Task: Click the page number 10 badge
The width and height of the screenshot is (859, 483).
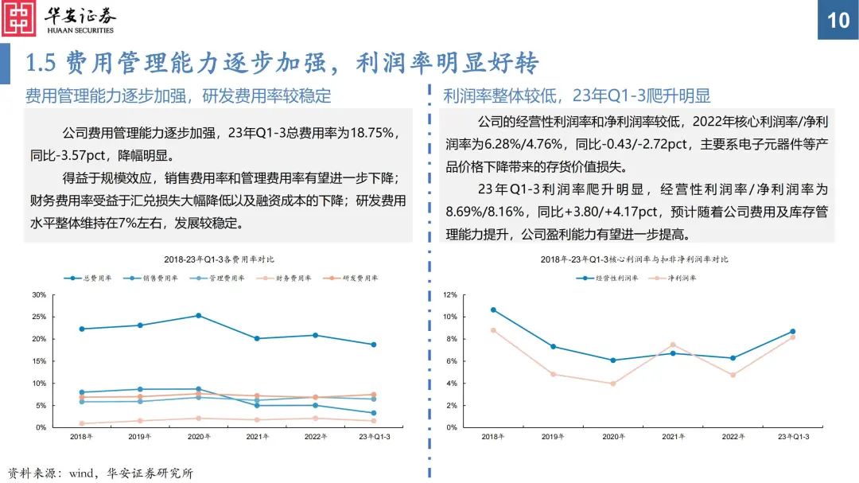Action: pyautogui.click(x=838, y=20)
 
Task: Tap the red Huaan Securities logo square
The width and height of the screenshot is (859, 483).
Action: pyautogui.click(x=19, y=19)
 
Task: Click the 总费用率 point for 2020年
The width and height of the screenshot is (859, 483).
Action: pyautogui.click(x=198, y=315)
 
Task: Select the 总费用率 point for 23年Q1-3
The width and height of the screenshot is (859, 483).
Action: pyautogui.click(x=373, y=345)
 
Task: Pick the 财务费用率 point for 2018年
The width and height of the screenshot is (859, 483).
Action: pyautogui.click(x=82, y=423)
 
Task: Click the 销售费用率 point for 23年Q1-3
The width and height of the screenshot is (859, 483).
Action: pyautogui.click(x=373, y=413)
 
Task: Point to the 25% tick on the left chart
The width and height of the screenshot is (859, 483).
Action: pyautogui.click(x=39, y=317)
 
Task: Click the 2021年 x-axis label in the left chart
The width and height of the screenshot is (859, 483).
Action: pyautogui.click(x=256, y=437)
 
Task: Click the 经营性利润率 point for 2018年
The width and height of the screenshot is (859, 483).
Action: pyautogui.click(x=493, y=310)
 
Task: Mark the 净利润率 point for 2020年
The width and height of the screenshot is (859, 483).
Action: pyautogui.click(x=612, y=384)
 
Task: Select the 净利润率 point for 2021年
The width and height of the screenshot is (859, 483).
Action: pyautogui.click(x=672, y=345)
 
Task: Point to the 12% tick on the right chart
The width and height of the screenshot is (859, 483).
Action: pyautogui.click(x=450, y=295)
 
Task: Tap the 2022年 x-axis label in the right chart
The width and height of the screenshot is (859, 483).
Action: pyautogui.click(x=733, y=437)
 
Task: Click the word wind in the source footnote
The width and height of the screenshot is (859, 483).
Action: pyautogui.click(x=84, y=473)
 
